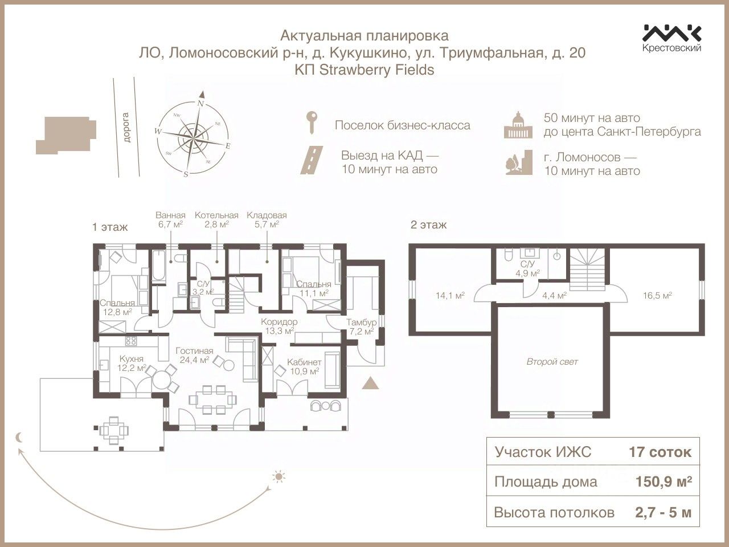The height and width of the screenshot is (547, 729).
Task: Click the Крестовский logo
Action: pos(672,38)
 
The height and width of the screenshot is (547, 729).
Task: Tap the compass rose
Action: pos(194,136)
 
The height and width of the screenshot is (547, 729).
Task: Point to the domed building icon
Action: pos(517,124)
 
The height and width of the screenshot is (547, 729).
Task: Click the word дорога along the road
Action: pos(126,128)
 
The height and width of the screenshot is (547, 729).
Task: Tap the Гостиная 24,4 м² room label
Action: pos(194,355)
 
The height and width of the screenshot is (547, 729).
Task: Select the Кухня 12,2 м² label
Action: pos(131,363)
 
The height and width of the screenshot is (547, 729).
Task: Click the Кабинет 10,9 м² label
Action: pos(304,366)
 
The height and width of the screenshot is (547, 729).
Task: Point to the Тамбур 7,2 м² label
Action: pos(360,327)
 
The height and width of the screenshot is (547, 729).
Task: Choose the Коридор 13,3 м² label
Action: pos(279,326)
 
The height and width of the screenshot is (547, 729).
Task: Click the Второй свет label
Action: pos(552,362)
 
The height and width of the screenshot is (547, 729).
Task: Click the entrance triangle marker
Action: pos(370,383)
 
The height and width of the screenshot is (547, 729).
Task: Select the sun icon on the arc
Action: pos(278,476)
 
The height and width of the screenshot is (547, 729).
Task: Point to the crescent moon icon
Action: pos(21,438)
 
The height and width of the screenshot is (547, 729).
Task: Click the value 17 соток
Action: pos(660,452)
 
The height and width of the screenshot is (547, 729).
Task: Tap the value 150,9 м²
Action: pos(664,482)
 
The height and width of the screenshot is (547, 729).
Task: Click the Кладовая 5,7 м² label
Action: pos(267,219)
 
